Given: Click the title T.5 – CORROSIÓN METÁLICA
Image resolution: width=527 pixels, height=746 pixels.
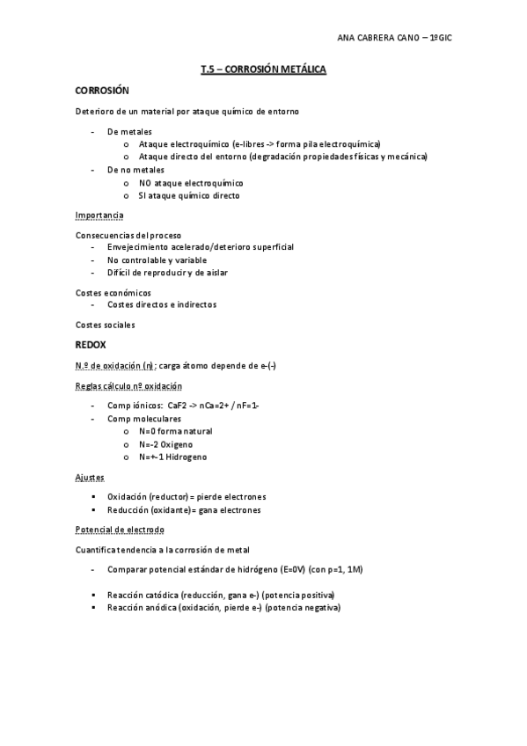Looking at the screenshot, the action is tap(263, 68).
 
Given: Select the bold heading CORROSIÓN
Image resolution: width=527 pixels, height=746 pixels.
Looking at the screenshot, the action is tap(102, 91).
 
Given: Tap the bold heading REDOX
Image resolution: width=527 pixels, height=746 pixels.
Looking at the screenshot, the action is tap(91, 345).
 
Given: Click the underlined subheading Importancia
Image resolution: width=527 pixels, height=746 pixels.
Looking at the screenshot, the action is tap(99, 216).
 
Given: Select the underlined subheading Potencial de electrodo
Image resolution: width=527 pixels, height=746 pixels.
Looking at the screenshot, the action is tap(120, 530).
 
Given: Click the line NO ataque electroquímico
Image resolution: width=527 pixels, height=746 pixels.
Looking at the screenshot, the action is tap(191, 183).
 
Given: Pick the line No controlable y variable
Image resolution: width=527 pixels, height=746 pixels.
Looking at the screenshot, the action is tap(157, 260).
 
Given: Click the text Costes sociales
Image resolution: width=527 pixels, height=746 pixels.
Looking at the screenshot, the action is tap(106, 325).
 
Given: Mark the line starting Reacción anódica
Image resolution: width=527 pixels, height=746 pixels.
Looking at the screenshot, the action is tap(223, 608).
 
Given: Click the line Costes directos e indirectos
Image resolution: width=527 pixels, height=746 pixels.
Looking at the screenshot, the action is tap(162, 304).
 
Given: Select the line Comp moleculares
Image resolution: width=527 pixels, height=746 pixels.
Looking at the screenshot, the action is tap(143, 419).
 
